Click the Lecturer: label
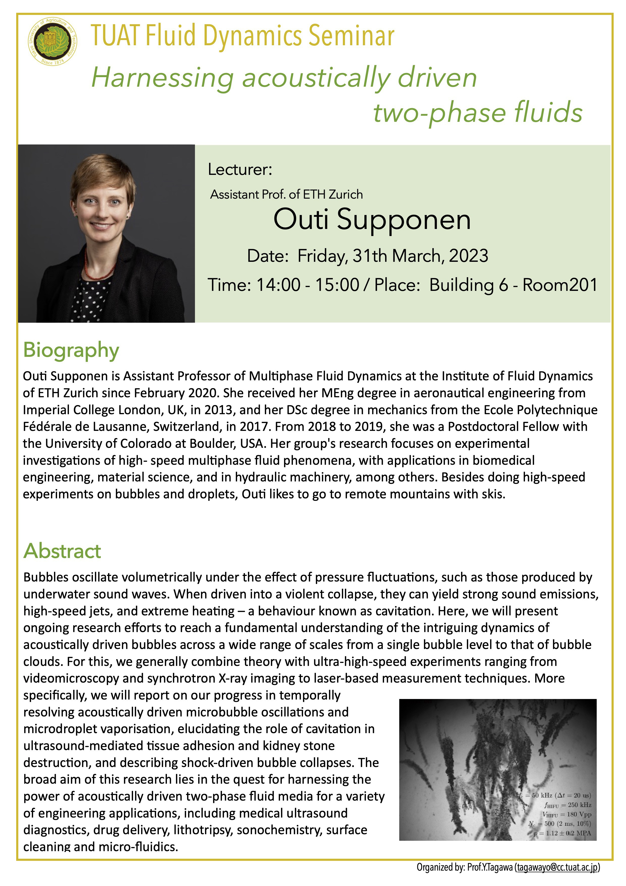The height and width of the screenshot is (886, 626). tap(240, 169)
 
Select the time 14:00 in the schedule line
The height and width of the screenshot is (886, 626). tap(278, 285)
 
